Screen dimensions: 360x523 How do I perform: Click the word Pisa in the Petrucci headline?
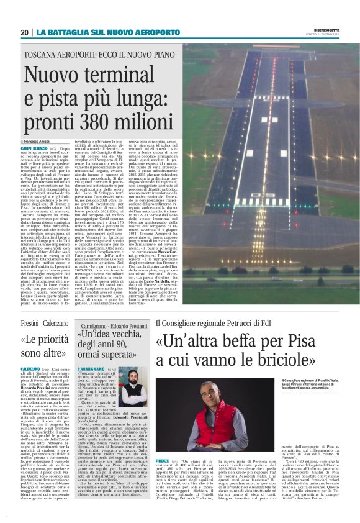pos(320,342)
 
